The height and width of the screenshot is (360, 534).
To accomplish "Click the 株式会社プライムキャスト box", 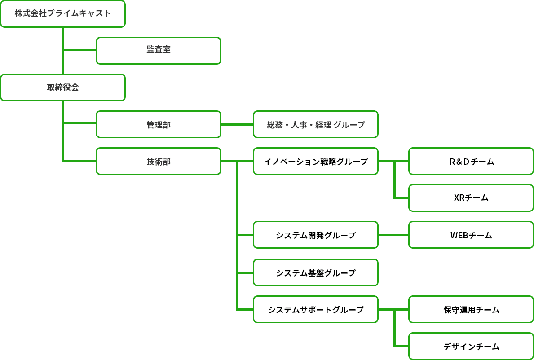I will (x=63, y=14).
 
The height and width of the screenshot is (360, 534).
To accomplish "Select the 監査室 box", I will (x=159, y=50).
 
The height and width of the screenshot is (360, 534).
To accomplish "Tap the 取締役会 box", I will (x=63, y=88).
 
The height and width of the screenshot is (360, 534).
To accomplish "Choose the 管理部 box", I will (x=159, y=124).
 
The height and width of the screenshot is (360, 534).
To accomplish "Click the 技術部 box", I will (x=159, y=161).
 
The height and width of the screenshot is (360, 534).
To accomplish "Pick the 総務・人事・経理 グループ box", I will (x=316, y=124).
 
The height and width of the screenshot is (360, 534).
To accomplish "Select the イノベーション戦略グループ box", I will (x=316, y=161).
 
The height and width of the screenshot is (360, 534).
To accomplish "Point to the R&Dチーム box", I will (x=471, y=161).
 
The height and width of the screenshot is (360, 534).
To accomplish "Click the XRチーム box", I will (x=471, y=198).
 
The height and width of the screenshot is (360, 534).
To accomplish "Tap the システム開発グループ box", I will (x=316, y=235).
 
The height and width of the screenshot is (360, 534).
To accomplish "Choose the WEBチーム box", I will (x=471, y=235).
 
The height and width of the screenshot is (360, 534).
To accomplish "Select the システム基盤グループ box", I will (x=316, y=272).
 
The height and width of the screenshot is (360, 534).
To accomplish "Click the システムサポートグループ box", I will (x=316, y=309).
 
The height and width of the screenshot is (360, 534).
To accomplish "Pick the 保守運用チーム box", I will (x=471, y=309).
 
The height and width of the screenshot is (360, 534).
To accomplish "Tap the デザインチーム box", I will (x=471, y=346).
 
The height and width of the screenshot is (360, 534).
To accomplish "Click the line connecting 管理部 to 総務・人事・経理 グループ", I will (x=237, y=124).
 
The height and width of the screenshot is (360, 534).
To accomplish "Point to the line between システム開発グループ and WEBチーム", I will (x=393, y=235).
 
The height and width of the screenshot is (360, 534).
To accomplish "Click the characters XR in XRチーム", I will (x=459, y=198).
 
